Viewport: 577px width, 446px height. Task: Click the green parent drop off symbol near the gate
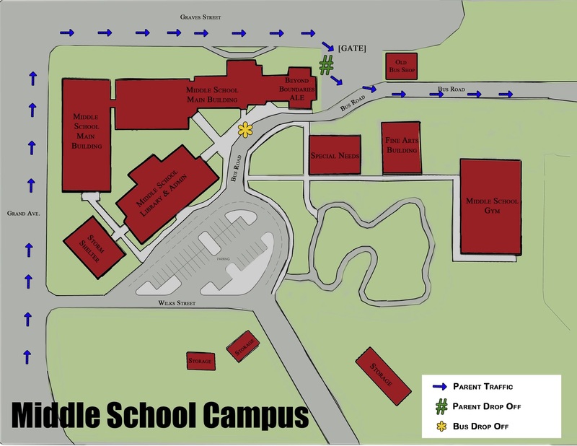(x=327, y=66)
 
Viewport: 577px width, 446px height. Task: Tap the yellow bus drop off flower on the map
(x=246, y=130)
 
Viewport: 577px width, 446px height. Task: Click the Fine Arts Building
(x=402, y=147)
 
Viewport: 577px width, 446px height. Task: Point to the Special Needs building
(x=334, y=155)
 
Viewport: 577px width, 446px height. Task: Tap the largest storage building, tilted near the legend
(x=380, y=370)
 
